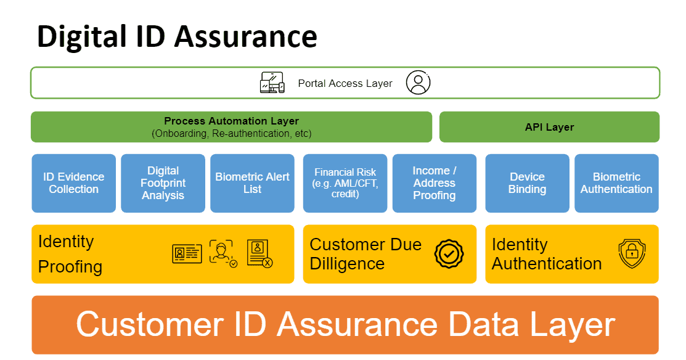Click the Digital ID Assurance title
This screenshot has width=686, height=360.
coord(177,36)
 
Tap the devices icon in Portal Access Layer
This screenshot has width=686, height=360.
coord(272,83)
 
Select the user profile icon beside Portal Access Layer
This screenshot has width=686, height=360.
coord(418,83)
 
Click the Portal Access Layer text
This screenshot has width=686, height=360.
coord(345,83)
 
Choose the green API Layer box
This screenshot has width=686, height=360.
coord(549,127)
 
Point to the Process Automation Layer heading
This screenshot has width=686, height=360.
coord(231,121)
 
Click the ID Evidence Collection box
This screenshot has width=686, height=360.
coord(73,183)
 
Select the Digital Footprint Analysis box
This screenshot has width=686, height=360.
coord(163,183)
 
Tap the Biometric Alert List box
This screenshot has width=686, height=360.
coord(252,183)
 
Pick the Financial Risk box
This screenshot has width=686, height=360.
coord(345,183)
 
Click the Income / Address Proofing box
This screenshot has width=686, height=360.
coord(435,183)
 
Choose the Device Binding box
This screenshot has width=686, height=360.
coord(527,183)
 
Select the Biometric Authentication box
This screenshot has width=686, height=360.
coord(616,183)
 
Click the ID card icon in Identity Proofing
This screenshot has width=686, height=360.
coord(187,253)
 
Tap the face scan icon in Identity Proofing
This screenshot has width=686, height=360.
coord(223,253)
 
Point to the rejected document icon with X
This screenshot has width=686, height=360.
coord(259,253)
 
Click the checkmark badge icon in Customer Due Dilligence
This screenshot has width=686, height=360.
coord(449,254)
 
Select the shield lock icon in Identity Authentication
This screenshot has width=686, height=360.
coord(632,254)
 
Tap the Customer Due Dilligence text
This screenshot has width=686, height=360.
coord(365,254)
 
